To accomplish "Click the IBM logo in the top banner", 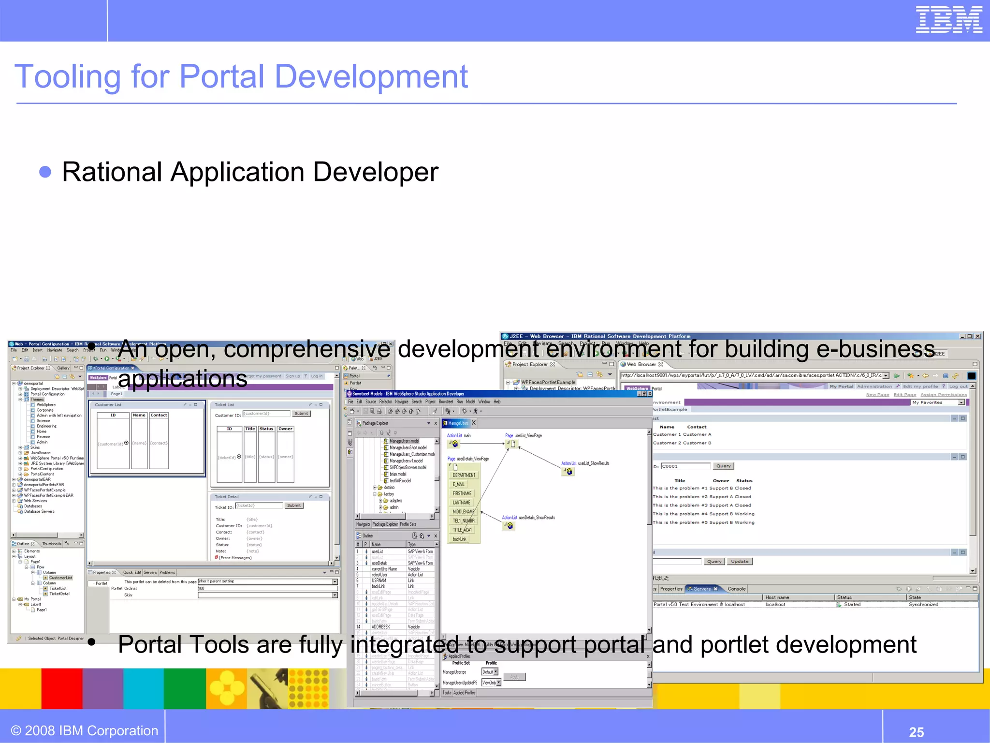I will click(949, 19).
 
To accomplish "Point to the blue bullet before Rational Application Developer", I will click(45, 172).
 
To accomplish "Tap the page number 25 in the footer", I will click(916, 732).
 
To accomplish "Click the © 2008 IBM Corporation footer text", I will click(85, 730).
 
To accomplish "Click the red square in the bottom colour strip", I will click(61, 688).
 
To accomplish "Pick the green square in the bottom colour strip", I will click(185, 688).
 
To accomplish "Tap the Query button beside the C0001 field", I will click(723, 466).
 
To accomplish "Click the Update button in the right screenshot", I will click(740, 562).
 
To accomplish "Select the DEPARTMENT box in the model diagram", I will click(464, 475).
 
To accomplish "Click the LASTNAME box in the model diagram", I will click(461, 503).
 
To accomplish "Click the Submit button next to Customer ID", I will click(301, 414).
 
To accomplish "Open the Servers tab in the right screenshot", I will click(702, 589).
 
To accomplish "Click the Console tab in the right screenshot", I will click(736, 589).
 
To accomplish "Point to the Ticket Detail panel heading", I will click(227, 497).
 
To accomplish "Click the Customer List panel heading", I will click(108, 405).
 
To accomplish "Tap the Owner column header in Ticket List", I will click(285, 429).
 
